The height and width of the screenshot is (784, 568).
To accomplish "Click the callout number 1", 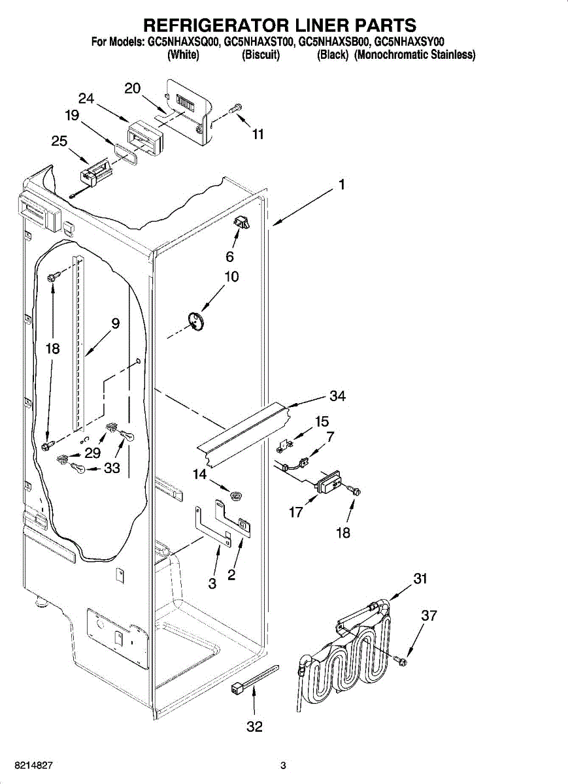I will [341, 186].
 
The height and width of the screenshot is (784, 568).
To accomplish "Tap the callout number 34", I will [337, 396].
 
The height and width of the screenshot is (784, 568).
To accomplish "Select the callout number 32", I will [254, 726].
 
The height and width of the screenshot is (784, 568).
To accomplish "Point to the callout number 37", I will [428, 615].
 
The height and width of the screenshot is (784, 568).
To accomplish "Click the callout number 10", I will [231, 276].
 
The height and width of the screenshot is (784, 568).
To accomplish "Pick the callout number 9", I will [115, 322].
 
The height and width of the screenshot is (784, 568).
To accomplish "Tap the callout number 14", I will [199, 475].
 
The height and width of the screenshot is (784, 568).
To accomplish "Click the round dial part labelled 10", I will [195, 321].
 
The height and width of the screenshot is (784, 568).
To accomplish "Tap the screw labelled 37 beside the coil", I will [401, 661].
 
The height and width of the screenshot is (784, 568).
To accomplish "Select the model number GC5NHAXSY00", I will [409, 42].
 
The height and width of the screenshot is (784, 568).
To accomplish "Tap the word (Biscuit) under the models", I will [261, 56].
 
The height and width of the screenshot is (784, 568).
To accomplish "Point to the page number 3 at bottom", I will [283, 765].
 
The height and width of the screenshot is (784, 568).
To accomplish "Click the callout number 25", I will [59, 141].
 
